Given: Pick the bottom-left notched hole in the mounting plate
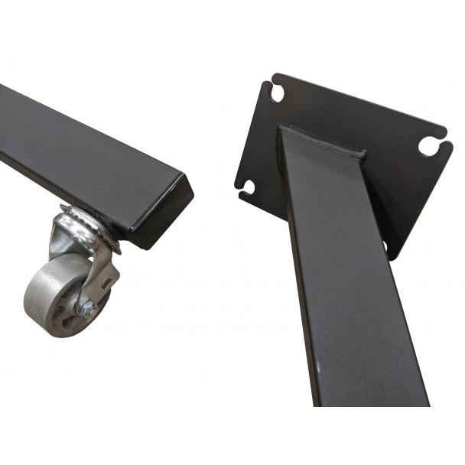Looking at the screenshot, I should click(248, 186).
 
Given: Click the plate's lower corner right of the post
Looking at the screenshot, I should click(395, 252).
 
